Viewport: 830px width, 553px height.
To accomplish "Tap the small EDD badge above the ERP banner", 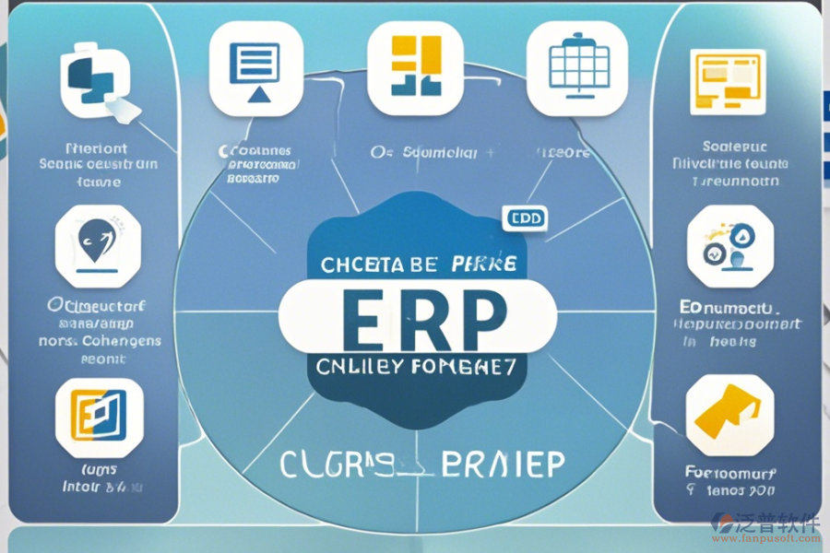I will pyautogui.click(x=525, y=218).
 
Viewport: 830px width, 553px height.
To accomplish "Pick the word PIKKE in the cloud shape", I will pyautogui.click(x=483, y=265).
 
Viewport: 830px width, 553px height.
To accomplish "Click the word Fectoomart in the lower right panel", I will pyautogui.click(x=731, y=474).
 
